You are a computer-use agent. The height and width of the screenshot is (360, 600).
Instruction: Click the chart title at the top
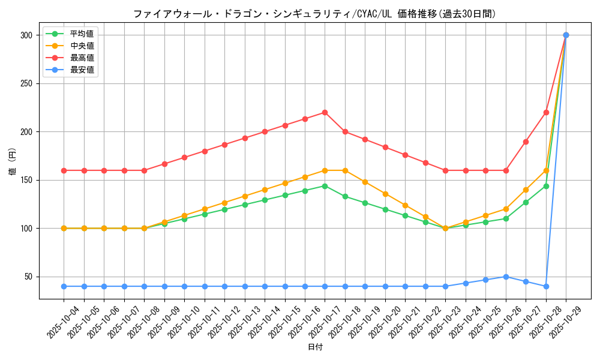coord(314,14)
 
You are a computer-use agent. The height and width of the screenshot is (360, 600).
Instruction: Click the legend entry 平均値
coord(82,34)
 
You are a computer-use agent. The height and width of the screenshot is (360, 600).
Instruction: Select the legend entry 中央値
coord(82,46)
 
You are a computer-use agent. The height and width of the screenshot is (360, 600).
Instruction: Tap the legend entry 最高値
coord(82,58)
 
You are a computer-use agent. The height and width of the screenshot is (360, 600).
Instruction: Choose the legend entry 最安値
coord(82,70)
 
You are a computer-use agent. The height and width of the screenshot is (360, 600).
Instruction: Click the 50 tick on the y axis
coord(28,277)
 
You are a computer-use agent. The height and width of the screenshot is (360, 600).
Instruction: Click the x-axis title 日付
coord(315,347)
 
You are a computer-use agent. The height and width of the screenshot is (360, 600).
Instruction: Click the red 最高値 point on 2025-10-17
coord(325,112)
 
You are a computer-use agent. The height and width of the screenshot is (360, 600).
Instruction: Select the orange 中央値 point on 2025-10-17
coord(325,170)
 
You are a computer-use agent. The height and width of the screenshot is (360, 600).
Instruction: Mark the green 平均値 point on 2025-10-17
coord(325,186)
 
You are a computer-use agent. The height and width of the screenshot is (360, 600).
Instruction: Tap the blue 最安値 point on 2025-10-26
coord(506,277)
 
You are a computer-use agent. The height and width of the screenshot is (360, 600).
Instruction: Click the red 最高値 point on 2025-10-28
coord(546,112)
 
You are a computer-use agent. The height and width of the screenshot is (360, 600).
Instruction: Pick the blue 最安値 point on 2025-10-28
coord(546,286)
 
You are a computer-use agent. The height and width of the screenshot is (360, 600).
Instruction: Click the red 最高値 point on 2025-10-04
coord(64,170)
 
